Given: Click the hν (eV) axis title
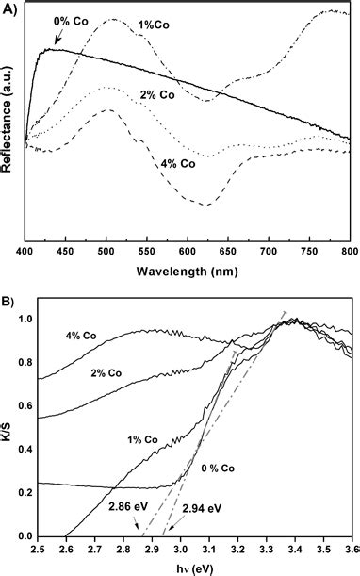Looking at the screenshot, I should [194, 565].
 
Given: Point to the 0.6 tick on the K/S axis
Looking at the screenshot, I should [24, 407].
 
